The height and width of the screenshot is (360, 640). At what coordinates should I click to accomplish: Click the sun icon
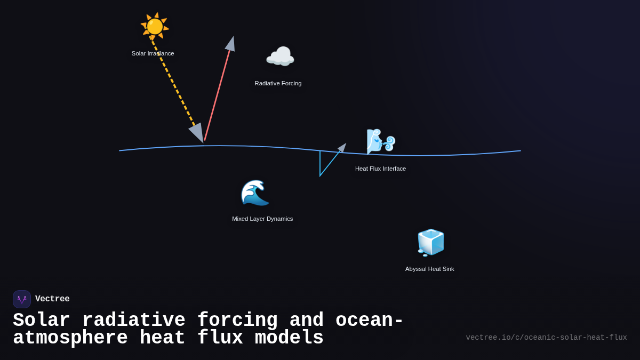tap(155, 26)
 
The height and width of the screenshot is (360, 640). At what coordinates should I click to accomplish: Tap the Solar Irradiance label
tap(153, 53)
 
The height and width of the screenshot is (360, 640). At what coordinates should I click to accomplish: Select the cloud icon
tap(280, 57)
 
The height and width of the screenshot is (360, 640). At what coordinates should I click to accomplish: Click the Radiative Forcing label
tap(278, 83)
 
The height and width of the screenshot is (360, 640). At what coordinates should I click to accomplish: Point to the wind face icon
tap(380, 141)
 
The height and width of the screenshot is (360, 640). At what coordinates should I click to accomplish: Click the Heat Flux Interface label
tap(380, 169)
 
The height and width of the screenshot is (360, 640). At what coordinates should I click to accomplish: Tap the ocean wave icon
tap(255, 193)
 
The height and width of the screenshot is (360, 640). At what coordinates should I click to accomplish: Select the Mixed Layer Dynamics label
tap(262, 219)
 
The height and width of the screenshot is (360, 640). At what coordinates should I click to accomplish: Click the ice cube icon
tap(430, 243)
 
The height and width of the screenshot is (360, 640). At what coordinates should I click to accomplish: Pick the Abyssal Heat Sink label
tap(429, 269)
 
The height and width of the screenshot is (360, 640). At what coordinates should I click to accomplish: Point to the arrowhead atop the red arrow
tap(230, 44)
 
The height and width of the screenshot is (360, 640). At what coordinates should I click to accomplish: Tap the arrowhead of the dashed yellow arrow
tap(197, 132)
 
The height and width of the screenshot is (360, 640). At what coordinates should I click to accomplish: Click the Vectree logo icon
tap(22, 299)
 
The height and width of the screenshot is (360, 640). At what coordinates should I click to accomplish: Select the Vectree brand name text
tap(52, 299)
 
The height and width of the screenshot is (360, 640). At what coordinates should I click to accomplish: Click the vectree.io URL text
tap(546, 338)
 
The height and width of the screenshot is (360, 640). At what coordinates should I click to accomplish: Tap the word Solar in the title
tap(41, 321)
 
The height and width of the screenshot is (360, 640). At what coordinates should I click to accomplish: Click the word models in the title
tap(289, 338)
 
